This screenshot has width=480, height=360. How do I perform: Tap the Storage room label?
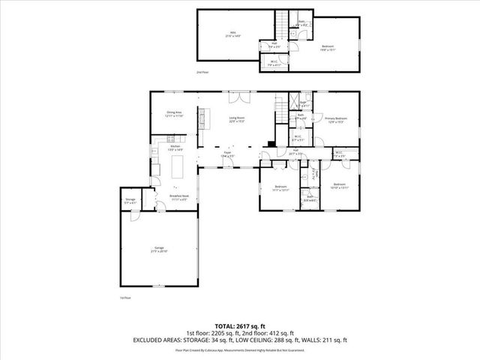coord(130,200)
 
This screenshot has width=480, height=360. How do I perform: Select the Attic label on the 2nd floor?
coord(232,34)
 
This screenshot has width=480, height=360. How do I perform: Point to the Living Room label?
coord(238,118)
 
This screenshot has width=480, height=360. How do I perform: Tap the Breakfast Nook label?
coord(179,198)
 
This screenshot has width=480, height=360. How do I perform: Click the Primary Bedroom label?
coord(335,120)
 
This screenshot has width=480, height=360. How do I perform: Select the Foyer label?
coord(226,155)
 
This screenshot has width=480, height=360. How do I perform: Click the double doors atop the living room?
coord(235,97)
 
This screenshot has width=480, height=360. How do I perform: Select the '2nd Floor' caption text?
coord(202,72)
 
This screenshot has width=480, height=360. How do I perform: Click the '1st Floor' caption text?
coord(126,298)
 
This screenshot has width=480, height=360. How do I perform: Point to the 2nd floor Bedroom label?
coord(327,48)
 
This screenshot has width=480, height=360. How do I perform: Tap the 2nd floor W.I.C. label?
coord(274,64)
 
